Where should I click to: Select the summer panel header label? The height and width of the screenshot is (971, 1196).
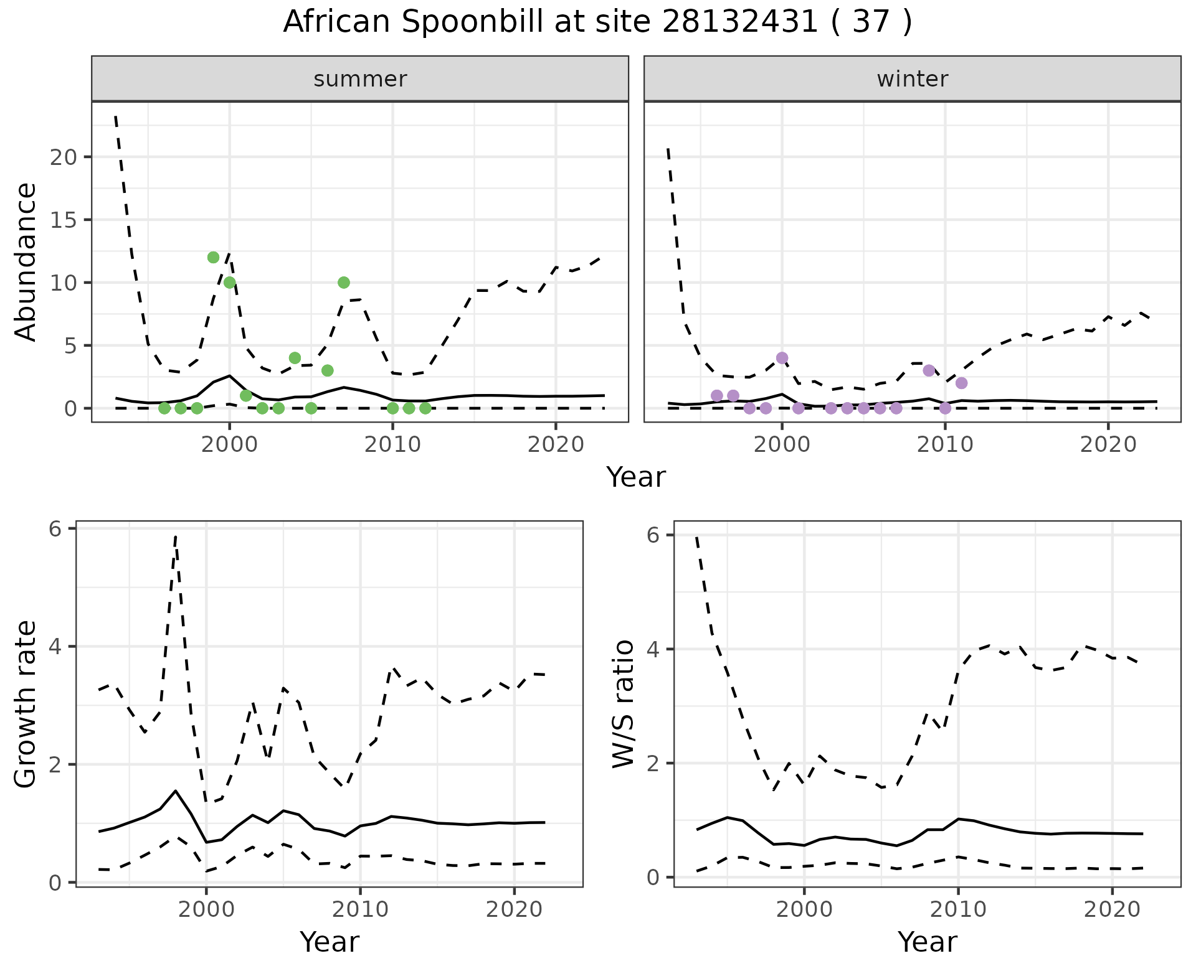(360, 79)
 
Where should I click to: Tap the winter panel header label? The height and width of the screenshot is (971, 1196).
(912, 79)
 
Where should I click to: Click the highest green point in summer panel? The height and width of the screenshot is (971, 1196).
(213, 258)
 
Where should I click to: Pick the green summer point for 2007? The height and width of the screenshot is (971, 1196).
(344, 283)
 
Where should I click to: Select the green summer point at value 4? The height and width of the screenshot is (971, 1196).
(295, 358)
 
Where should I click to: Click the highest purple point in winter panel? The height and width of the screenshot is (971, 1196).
(782, 358)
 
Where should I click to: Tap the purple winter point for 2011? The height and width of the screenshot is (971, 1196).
(961, 383)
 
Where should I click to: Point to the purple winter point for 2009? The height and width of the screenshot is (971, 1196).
(929, 370)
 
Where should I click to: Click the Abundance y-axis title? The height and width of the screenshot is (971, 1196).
(26, 261)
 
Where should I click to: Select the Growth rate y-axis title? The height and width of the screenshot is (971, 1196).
(26, 705)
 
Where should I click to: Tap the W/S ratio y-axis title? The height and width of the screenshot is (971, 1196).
(623, 705)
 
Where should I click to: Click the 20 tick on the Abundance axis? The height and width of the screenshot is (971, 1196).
(64, 157)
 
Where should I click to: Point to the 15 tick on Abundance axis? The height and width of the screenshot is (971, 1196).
(64, 220)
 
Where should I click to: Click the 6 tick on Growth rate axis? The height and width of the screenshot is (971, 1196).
(55, 529)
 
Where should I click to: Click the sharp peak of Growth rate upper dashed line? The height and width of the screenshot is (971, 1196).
(176, 536)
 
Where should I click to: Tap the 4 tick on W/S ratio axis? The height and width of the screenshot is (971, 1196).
(653, 649)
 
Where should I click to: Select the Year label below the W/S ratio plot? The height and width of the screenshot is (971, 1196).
(927, 942)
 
